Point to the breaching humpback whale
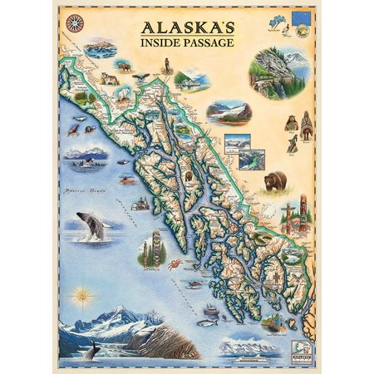[x=92, y=225]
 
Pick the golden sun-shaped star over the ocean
[x=81, y=296]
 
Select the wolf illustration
[x=109, y=79]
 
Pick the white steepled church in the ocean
[x=140, y=204]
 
